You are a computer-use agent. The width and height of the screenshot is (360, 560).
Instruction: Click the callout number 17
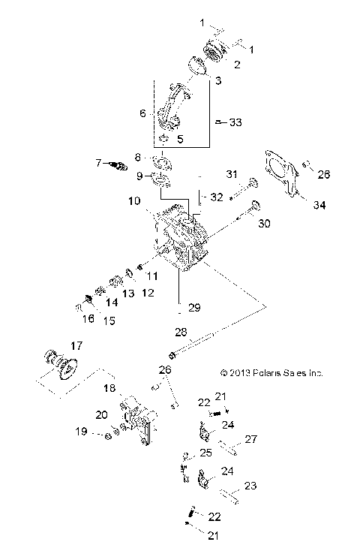click(x=75, y=346)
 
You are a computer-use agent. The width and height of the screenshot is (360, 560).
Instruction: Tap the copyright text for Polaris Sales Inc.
click(x=271, y=372)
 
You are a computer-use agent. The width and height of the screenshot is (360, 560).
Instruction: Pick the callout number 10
click(x=133, y=201)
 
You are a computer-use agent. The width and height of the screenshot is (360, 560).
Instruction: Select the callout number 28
click(x=180, y=331)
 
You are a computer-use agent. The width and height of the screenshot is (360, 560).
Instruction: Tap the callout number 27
click(x=252, y=440)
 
